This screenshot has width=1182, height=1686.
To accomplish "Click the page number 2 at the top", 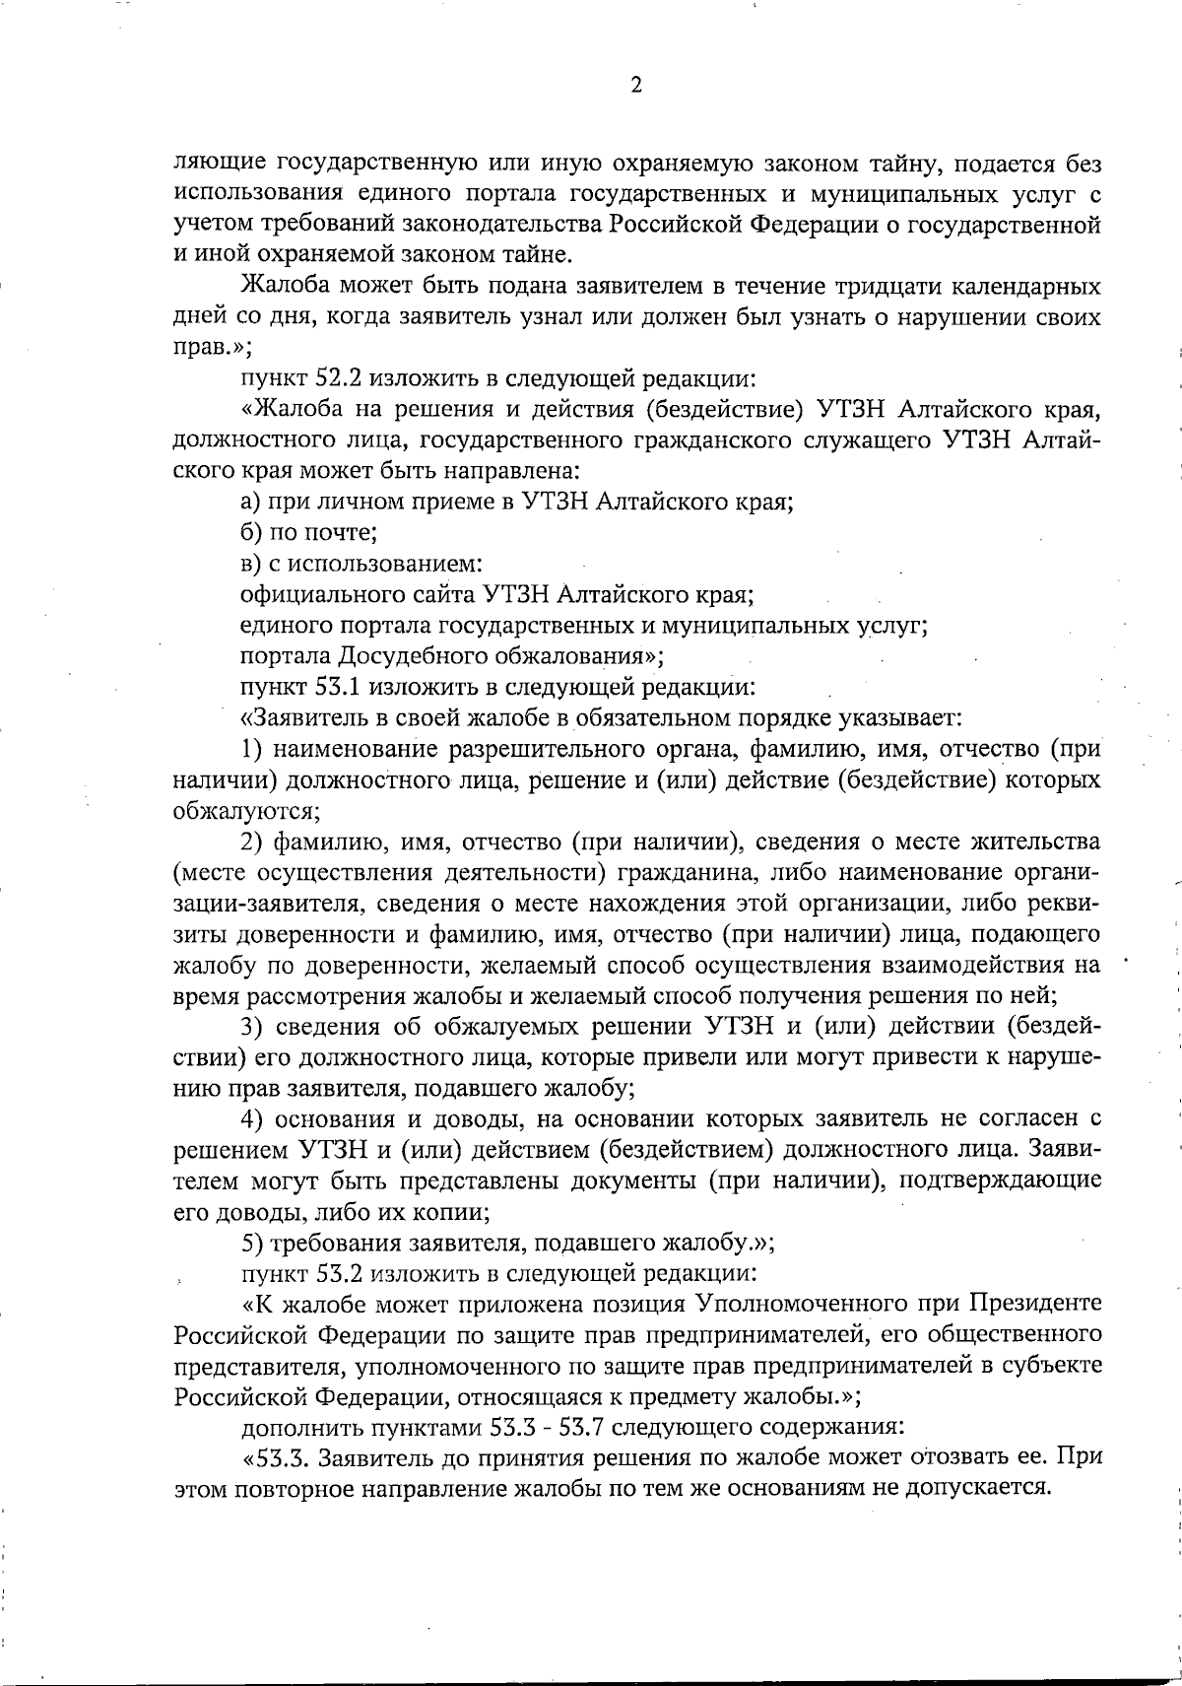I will [x=635, y=86].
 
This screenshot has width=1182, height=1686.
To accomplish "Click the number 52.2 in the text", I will [x=330, y=378].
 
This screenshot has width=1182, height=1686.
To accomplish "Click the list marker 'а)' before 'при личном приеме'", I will [x=251, y=502].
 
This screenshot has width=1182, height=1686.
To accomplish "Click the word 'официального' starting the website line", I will [x=306, y=594].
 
